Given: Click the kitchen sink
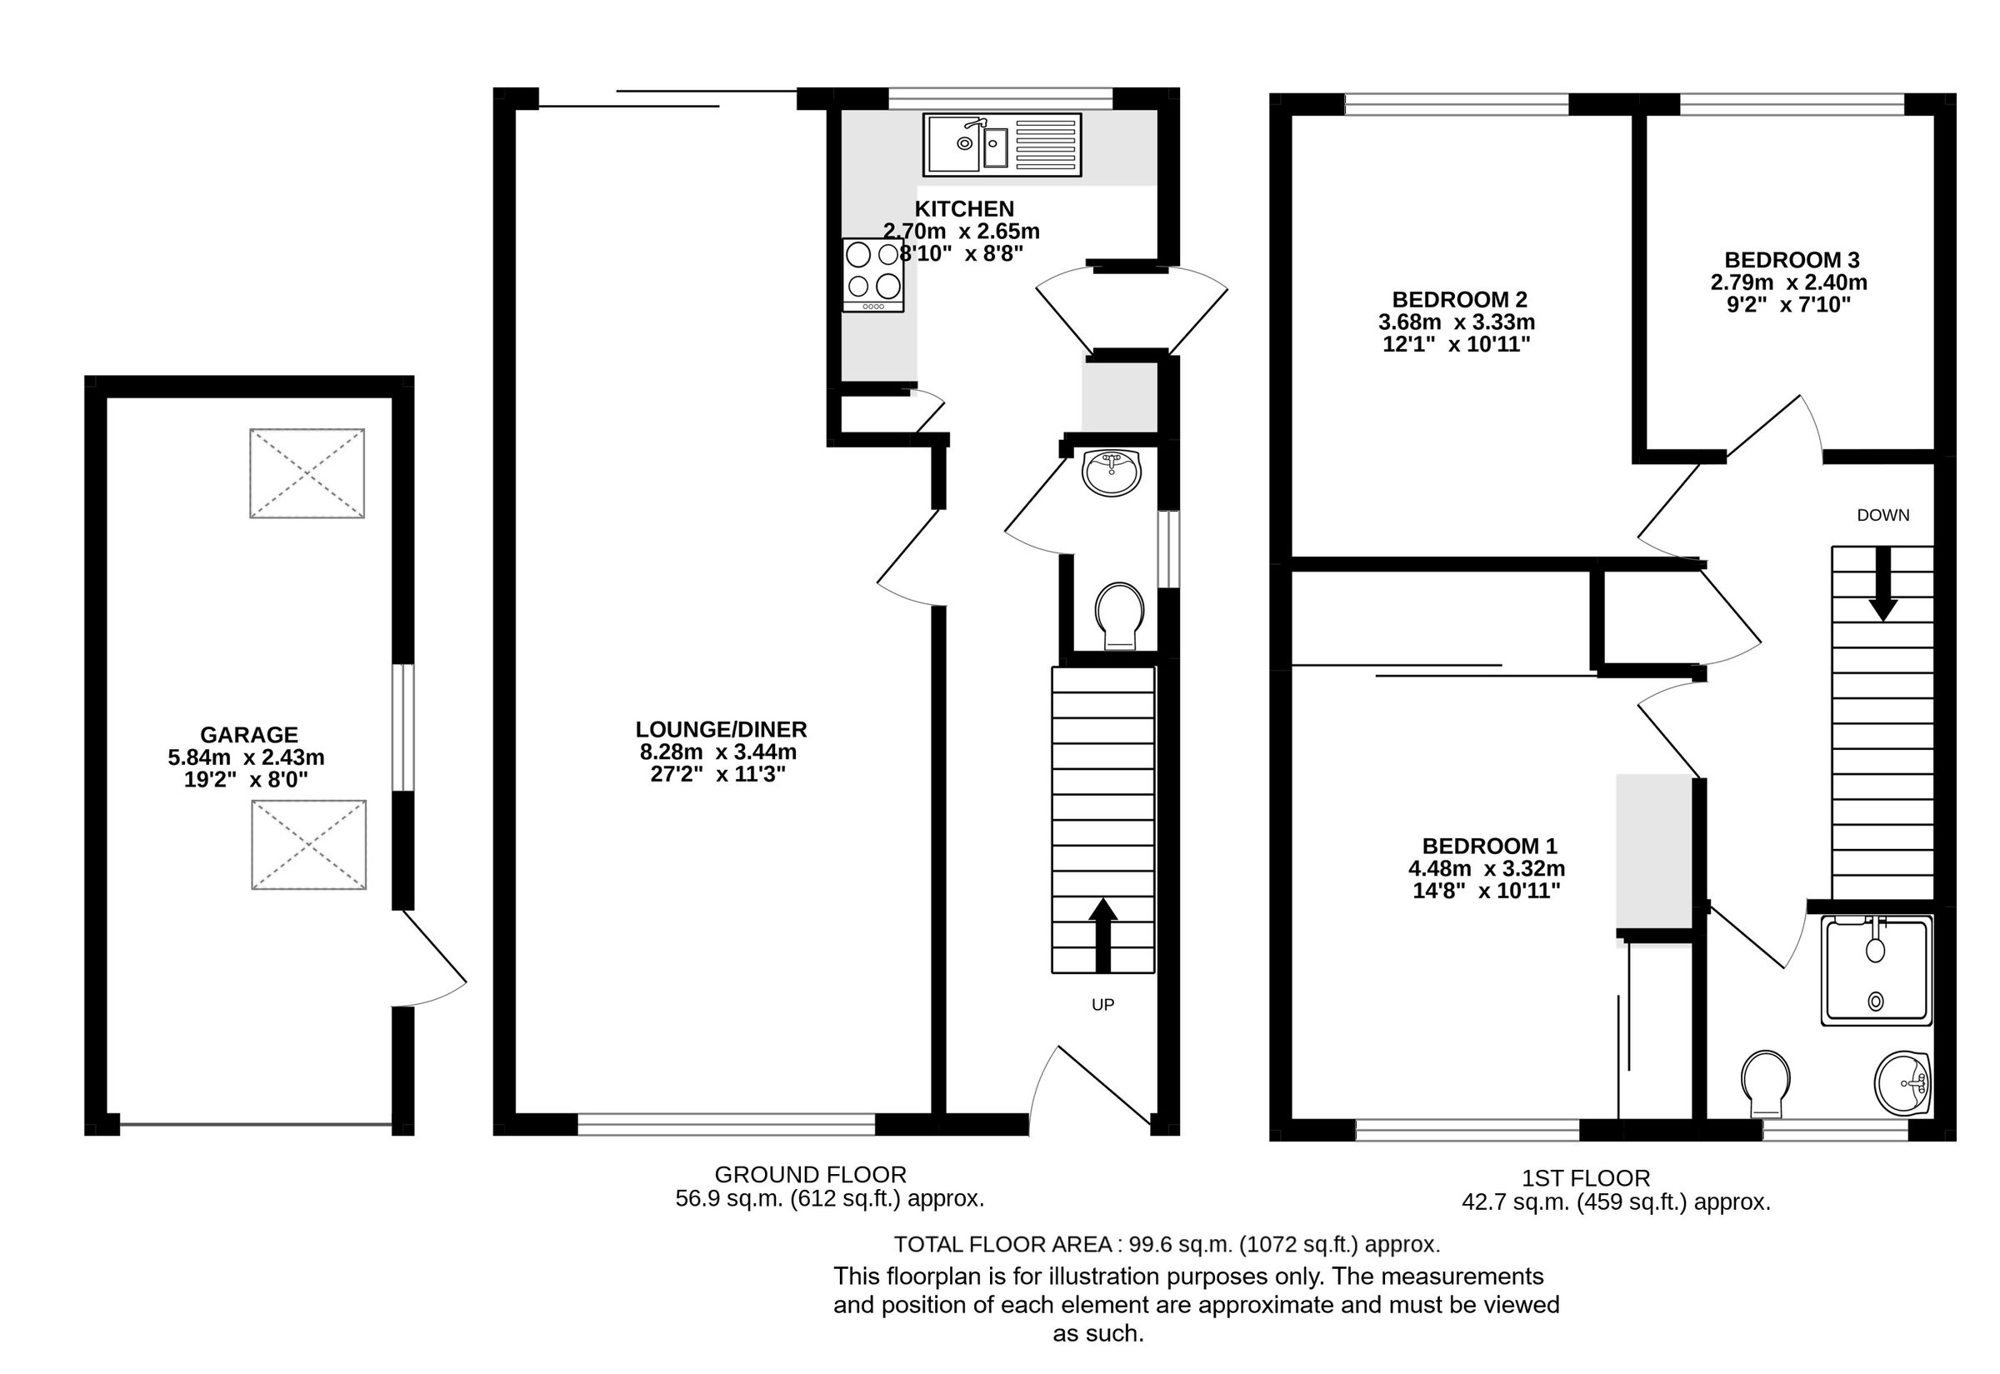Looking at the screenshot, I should coord(1002,145).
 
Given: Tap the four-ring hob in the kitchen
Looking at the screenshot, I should coord(873,274).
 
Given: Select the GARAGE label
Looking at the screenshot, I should coord(249,734).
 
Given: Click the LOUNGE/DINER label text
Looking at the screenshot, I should coord(721,729).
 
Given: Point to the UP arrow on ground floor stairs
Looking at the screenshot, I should coord(1102,934).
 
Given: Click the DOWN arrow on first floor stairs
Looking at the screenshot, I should coord(1882,585).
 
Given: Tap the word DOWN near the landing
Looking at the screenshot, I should coord(1882,515).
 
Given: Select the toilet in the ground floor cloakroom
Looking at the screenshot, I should coord(1119,616).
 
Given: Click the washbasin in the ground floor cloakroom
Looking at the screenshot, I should coord(1112,472).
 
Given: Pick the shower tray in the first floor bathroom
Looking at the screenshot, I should coord(1877,970).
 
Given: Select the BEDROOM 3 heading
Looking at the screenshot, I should coord(1792,259).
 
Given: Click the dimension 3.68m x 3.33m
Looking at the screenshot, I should coord(1456,322).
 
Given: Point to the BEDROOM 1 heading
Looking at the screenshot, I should coord(1489,846).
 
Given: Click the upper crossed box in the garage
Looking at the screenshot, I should coord(307,472).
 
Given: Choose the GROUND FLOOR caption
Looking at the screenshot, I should coord(810,1174).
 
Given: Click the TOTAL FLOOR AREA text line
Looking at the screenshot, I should coord(1167,1244).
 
